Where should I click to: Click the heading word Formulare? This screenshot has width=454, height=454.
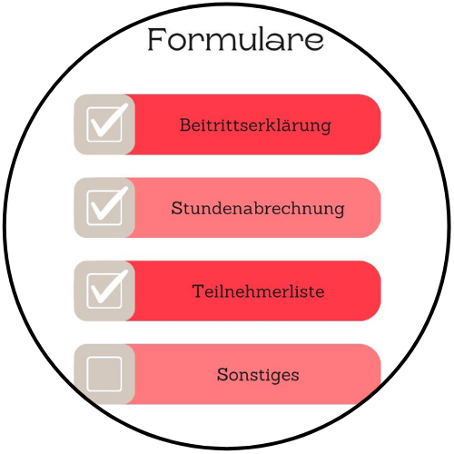pyautogui.click(x=235, y=39)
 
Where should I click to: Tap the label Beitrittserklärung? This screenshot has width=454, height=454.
pyautogui.click(x=255, y=126)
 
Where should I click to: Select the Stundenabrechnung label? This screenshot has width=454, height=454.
pyautogui.click(x=258, y=209)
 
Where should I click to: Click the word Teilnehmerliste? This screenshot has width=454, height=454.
pyautogui.click(x=258, y=291)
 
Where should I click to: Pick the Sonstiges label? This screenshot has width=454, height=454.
pyautogui.click(x=258, y=375)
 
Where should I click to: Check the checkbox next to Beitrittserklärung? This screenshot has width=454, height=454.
pyautogui.click(x=104, y=124)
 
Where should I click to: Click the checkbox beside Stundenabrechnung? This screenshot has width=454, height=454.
pyautogui.click(x=104, y=208)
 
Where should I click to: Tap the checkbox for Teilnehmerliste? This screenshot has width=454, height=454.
pyautogui.click(x=104, y=291)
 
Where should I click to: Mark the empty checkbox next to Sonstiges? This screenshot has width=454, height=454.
pyautogui.click(x=104, y=374)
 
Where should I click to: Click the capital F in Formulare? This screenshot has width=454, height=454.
pyautogui.click(x=156, y=39)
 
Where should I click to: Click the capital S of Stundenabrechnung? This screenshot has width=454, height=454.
pyautogui.click(x=176, y=208)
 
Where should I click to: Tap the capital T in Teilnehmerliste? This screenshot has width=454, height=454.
pyautogui.click(x=199, y=291)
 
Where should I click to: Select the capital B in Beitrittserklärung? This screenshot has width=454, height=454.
pyautogui.click(x=185, y=124)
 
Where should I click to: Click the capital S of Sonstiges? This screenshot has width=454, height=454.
pyautogui.click(x=222, y=374)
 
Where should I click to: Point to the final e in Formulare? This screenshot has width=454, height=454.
pyautogui.click(x=314, y=42)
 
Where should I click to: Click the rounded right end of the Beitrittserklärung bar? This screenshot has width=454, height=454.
pyautogui.click(x=380, y=124)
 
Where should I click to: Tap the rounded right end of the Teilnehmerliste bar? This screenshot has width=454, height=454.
pyautogui.click(x=380, y=291)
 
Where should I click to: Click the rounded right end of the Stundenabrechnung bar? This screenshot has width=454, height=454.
pyautogui.click(x=380, y=208)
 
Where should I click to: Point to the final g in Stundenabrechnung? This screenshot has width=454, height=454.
pyautogui.click(x=339, y=211)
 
